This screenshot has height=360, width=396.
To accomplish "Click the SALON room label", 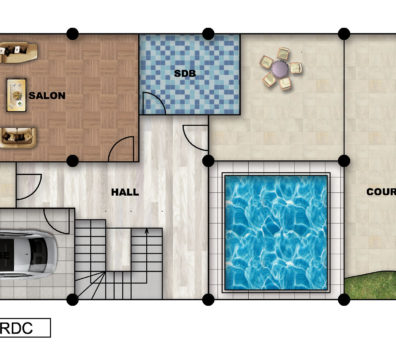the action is coord(47,96).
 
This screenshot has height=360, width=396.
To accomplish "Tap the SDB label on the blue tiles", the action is coord(185,73).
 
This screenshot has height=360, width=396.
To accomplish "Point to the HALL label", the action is coord(125,192).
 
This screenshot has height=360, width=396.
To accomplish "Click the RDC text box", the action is coord(25,328).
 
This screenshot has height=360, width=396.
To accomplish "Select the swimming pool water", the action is coord(276,232).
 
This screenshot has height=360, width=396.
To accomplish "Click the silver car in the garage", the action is coord(28,254).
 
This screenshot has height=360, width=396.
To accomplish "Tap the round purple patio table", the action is coord(279,69).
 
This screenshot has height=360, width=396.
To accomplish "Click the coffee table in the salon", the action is coord(16,95).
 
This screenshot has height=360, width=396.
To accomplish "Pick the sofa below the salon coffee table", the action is coord(18,137).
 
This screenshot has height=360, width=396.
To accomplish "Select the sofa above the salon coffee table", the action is coord(19,52).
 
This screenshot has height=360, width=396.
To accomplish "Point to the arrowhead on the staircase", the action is coord(146,231).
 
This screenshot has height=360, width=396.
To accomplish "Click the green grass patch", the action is coord(370,286).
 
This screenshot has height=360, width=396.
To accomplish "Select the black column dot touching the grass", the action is coord(344,299).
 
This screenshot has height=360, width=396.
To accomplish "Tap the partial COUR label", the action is coord(381,192).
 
